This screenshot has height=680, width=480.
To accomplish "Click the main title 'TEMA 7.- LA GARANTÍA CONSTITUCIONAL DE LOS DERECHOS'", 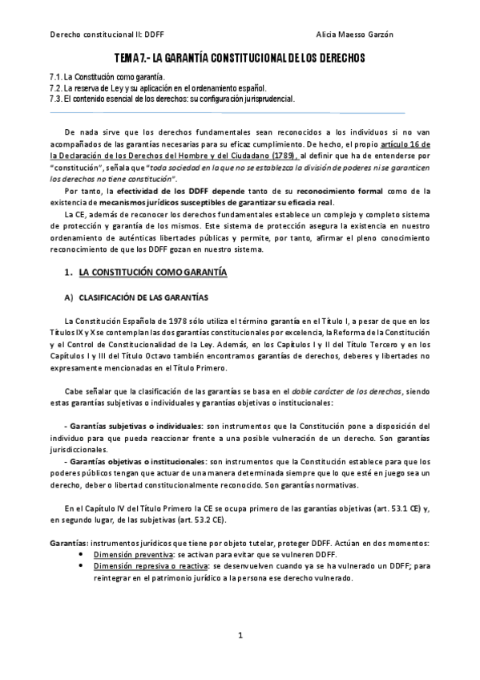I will click(x=239, y=59).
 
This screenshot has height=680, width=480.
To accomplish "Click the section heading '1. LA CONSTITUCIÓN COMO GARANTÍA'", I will click(x=148, y=273).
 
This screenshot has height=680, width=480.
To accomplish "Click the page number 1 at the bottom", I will click(x=240, y=635).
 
